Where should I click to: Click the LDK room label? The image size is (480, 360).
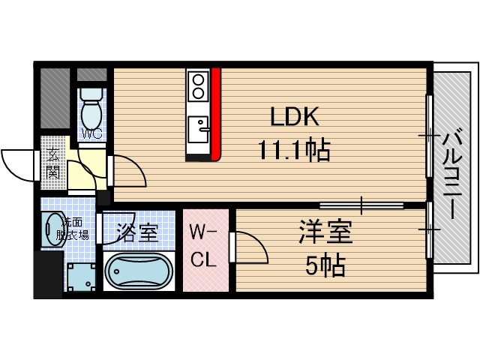click(x=295, y=117)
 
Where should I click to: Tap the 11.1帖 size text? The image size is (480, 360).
click(x=295, y=152)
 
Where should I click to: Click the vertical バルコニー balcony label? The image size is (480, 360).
click(x=452, y=173)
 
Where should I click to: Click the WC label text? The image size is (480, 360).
click(x=91, y=134)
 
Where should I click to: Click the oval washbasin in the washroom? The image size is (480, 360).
click(x=52, y=229)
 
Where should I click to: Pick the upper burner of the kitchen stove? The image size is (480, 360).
click(x=199, y=79)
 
